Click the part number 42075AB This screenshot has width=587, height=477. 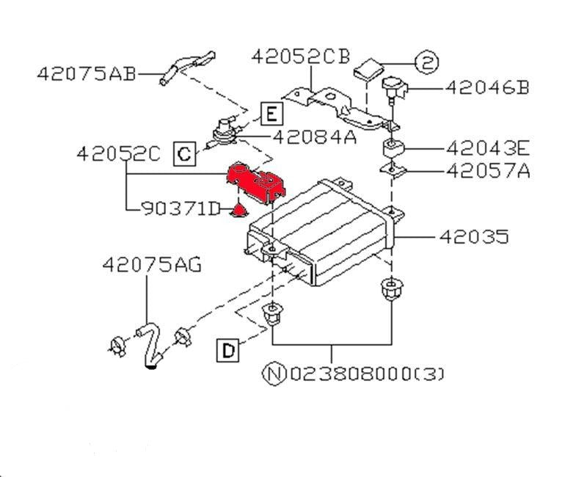point(87,74)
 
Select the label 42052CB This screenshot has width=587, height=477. point(301,57)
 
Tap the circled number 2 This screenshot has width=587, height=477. point(427,62)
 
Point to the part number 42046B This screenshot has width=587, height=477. point(487,88)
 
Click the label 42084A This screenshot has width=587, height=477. point(315,137)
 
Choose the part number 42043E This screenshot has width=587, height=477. point(488,148)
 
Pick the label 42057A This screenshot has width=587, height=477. point(488,171)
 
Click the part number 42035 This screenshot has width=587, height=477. point(473,236)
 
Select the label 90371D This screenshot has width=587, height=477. point(181,209)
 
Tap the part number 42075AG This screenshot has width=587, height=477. point(152,264)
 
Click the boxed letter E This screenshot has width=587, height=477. point(271,113)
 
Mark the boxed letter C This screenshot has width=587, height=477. point(184,153)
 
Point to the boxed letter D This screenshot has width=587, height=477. point(228,351)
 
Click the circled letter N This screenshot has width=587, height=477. point(274,374)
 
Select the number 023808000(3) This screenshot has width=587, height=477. point(367,374)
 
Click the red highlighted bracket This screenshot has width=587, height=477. point(256,183)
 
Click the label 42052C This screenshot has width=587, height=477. point(119,153)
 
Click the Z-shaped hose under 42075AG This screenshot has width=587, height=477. point(150,345)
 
